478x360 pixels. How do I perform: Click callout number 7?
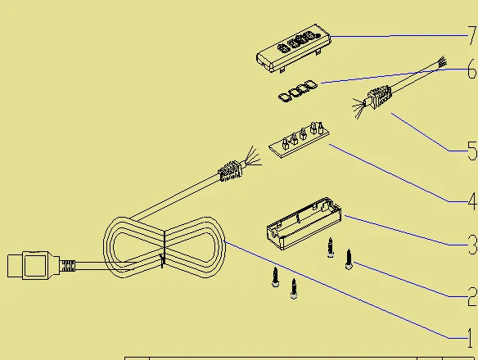pyautogui.click(x=472, y=36)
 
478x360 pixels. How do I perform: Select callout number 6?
pyautogui.click(x=472, y=70)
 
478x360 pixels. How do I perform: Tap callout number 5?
pyautogui.click(x=472, y=151)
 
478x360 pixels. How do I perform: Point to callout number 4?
pyautogui.click(x=472, y=201)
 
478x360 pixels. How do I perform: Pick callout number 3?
pyautogui.click(x=472, y=245)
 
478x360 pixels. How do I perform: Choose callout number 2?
pyautogui.click(x=472, y=296)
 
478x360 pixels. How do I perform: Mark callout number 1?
pyautogui.click(x=472, y=338)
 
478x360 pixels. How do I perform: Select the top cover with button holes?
pyautogui.click(x=294, y=48)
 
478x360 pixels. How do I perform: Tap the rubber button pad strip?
pyautogui.click(x=298, y=91)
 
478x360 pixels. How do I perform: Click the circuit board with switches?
pyautogui.click(x=299, y=140)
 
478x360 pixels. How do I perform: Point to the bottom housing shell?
pyautogui.click(x=304, y=223)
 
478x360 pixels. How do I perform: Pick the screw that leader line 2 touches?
pyautogui.click(x=349, y=259)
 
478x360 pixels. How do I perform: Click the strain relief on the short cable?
pyautogui.click(x=380, y=97)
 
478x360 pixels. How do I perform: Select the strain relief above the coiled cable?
pyautogui.click(x=231, y=171)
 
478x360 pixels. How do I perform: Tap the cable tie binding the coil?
pyautogui.click(x=164, y=249)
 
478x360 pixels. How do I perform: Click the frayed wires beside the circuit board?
pyautogui.click(x=252, y=156)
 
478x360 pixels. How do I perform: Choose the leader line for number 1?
pyautogui.click(x=345, y=290)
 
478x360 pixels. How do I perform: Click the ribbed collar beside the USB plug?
pyautogui.click(x=67, y=266)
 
